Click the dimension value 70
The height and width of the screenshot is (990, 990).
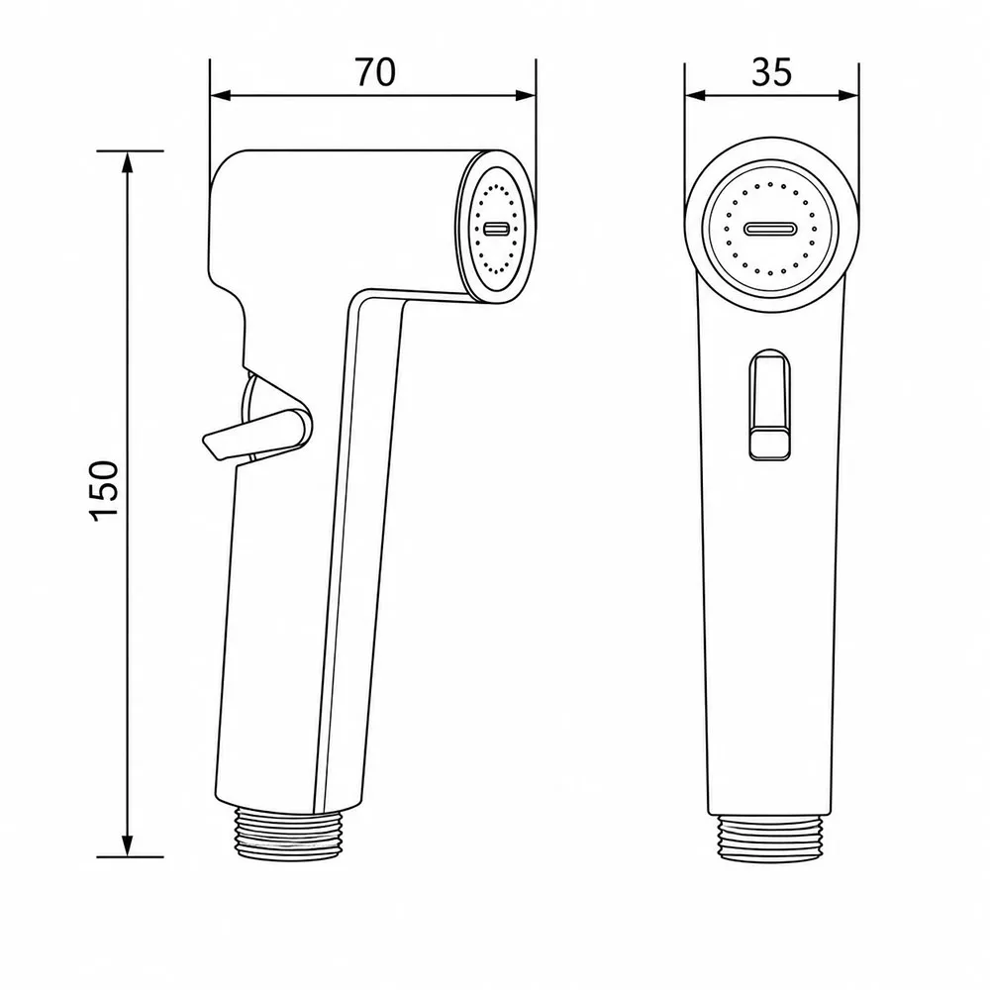coord(375,72)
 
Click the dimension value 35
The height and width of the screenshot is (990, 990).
coord(771,72)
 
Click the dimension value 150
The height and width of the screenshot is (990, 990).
coord(105,491)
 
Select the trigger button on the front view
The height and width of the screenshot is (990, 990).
coord(769,404)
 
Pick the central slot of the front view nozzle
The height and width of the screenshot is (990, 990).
coord(770,229)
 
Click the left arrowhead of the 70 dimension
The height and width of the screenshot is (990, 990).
coord(221,95)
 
